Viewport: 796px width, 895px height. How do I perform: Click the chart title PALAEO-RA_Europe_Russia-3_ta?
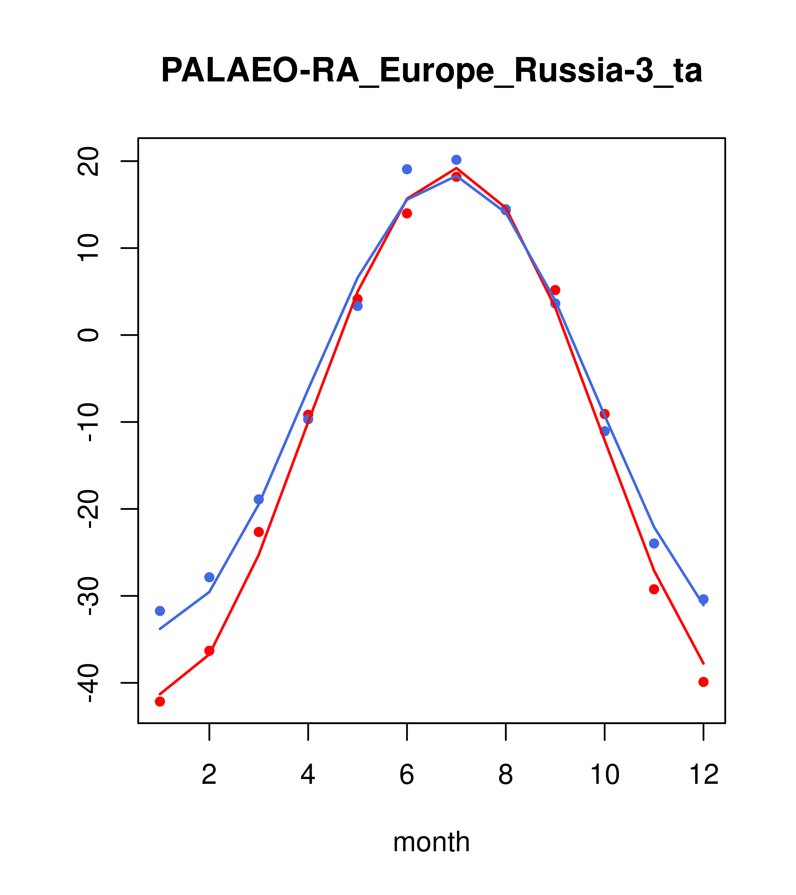click(x=431, y=71)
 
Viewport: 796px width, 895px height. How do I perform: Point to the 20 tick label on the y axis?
click(x=88, y=162)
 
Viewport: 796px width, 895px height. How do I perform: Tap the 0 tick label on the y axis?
click(x=88, y=335)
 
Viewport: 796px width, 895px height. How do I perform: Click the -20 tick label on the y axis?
click(x=88, y=510)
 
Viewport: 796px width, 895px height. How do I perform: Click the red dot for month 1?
click(x=160, y=702)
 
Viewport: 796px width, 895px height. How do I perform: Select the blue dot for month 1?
click(x=160, y=611)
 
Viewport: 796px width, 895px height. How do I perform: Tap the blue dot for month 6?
click(x=407, y=169)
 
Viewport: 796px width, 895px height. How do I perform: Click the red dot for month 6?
click(x=407, y=213)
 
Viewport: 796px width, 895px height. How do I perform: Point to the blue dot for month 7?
click(x=456, y=160)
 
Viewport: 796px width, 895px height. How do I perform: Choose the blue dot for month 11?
click(x=654, y=544)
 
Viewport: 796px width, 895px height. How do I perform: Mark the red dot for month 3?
click(x=259, y=532)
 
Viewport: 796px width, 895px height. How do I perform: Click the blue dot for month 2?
click(x=210, y=577)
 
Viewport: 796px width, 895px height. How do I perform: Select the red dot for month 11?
click(x=654, y=589)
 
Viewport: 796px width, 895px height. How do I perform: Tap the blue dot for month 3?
click(x=259, y=500)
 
